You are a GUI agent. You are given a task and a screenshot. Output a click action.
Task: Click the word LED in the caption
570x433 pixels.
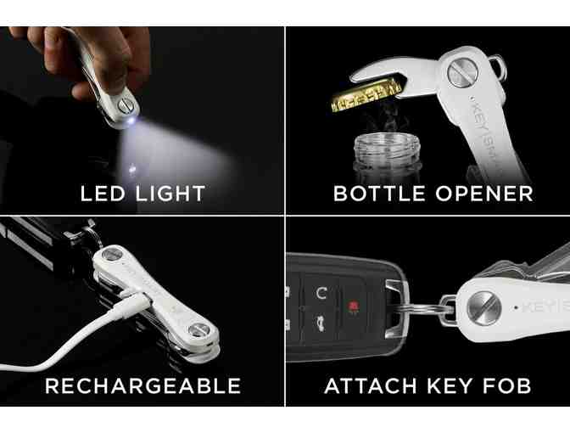(100, 193)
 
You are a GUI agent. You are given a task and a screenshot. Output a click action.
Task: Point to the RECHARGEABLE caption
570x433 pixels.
(142, 386)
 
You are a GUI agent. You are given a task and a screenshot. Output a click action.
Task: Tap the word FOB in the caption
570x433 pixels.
(506, 386)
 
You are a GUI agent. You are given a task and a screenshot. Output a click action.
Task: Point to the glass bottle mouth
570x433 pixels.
(377, 142)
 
